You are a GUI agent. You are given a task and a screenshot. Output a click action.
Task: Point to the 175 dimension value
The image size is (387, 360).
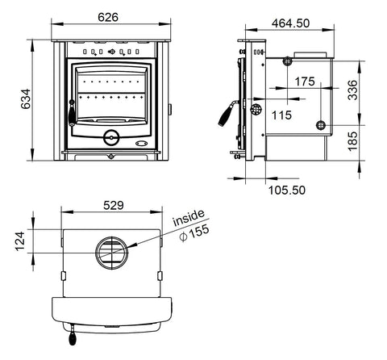coord(305,82)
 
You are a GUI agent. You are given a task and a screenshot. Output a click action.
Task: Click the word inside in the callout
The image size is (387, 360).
coord(189,220)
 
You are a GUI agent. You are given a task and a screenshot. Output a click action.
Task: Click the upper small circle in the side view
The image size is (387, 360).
coord(287,61)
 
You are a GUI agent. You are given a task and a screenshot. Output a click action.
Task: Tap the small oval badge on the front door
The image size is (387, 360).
coord(141,145)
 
